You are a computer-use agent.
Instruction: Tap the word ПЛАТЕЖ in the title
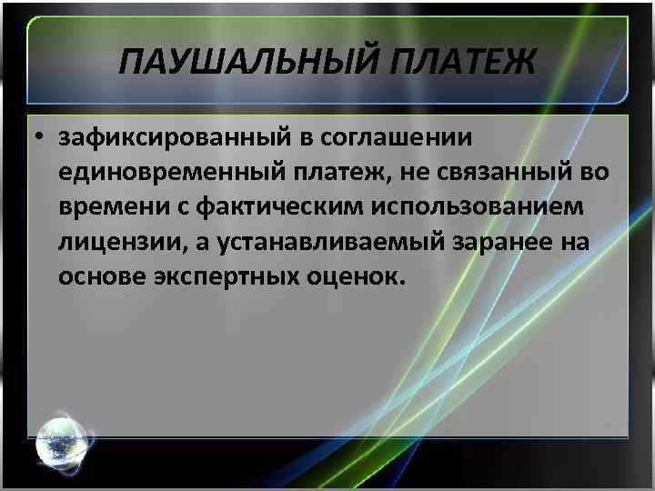click(x=463, y=65)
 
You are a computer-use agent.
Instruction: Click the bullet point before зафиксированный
click(x=42, y=139)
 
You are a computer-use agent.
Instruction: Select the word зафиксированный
click(x=169, y=139)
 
